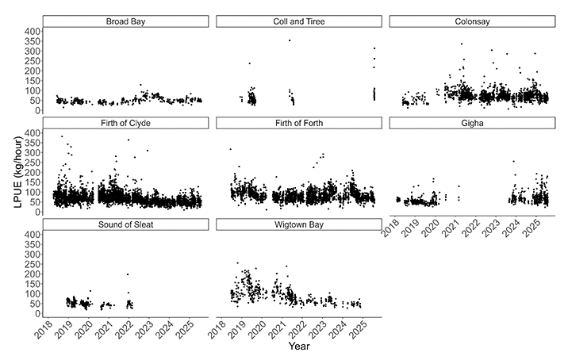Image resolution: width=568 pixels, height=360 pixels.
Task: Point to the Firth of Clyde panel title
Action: (126, 123)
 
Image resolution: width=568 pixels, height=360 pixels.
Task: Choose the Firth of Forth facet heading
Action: (299, 123)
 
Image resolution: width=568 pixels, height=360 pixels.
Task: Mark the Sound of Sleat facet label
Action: (126, 224)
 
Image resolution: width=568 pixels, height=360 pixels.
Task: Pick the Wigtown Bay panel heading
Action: (299, 224)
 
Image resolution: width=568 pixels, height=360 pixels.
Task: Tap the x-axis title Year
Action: (299, 347)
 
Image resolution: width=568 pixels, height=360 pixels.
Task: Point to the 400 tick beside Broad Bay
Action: (31, 31)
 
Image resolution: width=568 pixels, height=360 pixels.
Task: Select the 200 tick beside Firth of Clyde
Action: (31, 172)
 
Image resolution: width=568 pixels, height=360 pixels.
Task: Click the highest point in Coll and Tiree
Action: (290, 40)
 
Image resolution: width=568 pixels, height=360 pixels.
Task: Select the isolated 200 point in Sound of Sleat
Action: (128, 274)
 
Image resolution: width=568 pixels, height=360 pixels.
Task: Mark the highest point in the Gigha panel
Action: (513, 162)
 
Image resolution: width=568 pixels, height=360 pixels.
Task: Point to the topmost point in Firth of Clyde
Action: (63, 136)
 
